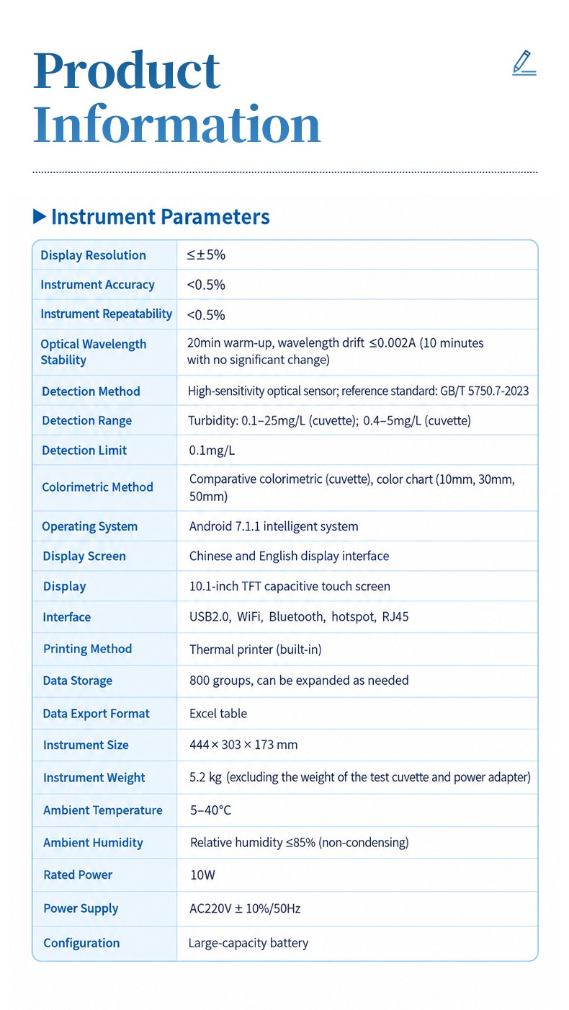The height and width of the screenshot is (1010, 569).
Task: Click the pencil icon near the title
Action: click(x=524, y=63)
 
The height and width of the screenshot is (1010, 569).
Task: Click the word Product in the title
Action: click(x=127, y=71)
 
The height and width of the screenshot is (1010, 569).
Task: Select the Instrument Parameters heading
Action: click(x=161, y=217)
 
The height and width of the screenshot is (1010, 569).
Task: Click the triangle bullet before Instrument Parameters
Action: click(x=40, y=217)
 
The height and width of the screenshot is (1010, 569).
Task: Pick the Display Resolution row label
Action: click(x=93, y=255)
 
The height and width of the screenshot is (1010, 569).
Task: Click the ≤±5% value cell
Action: click(x=206, y=254)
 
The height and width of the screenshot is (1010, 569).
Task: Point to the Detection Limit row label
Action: click(x=84, y=450)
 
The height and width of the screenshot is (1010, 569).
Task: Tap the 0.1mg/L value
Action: click(x=212, y=451)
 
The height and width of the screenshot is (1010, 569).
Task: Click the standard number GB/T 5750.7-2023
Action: click(x=484, y=391)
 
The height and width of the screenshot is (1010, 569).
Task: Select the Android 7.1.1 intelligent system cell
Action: click(x=274, y=526)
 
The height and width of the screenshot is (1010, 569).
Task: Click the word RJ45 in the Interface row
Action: click(x=395, y=616)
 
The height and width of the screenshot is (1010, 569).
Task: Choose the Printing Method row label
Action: click(x=87, y=649)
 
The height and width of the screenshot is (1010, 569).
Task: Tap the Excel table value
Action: click(x=218, y=713)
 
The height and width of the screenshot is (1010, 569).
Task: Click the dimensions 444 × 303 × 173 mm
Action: click(x=243, y=745)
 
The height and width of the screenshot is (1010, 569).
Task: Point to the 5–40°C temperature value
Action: click(x=210, y=810)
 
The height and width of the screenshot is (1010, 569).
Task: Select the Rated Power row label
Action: click(x=78, y=874)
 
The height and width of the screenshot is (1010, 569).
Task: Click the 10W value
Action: click(x=202, y=874)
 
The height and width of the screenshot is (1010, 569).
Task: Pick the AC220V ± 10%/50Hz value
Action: click(x=245, y=908)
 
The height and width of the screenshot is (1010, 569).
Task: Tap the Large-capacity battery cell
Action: click(x=248, y=943)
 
